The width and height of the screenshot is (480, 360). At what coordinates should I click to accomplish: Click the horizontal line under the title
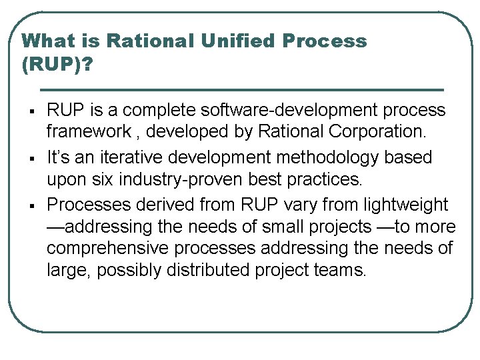(x=241, y=89)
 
